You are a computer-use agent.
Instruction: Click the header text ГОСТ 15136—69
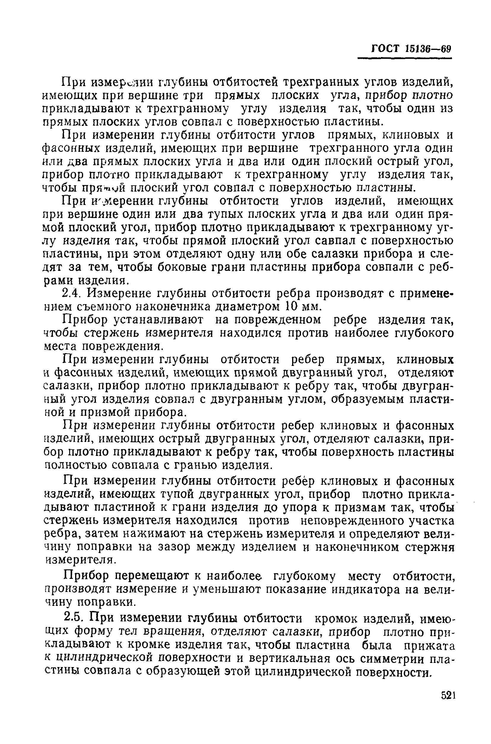point(411,49)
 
